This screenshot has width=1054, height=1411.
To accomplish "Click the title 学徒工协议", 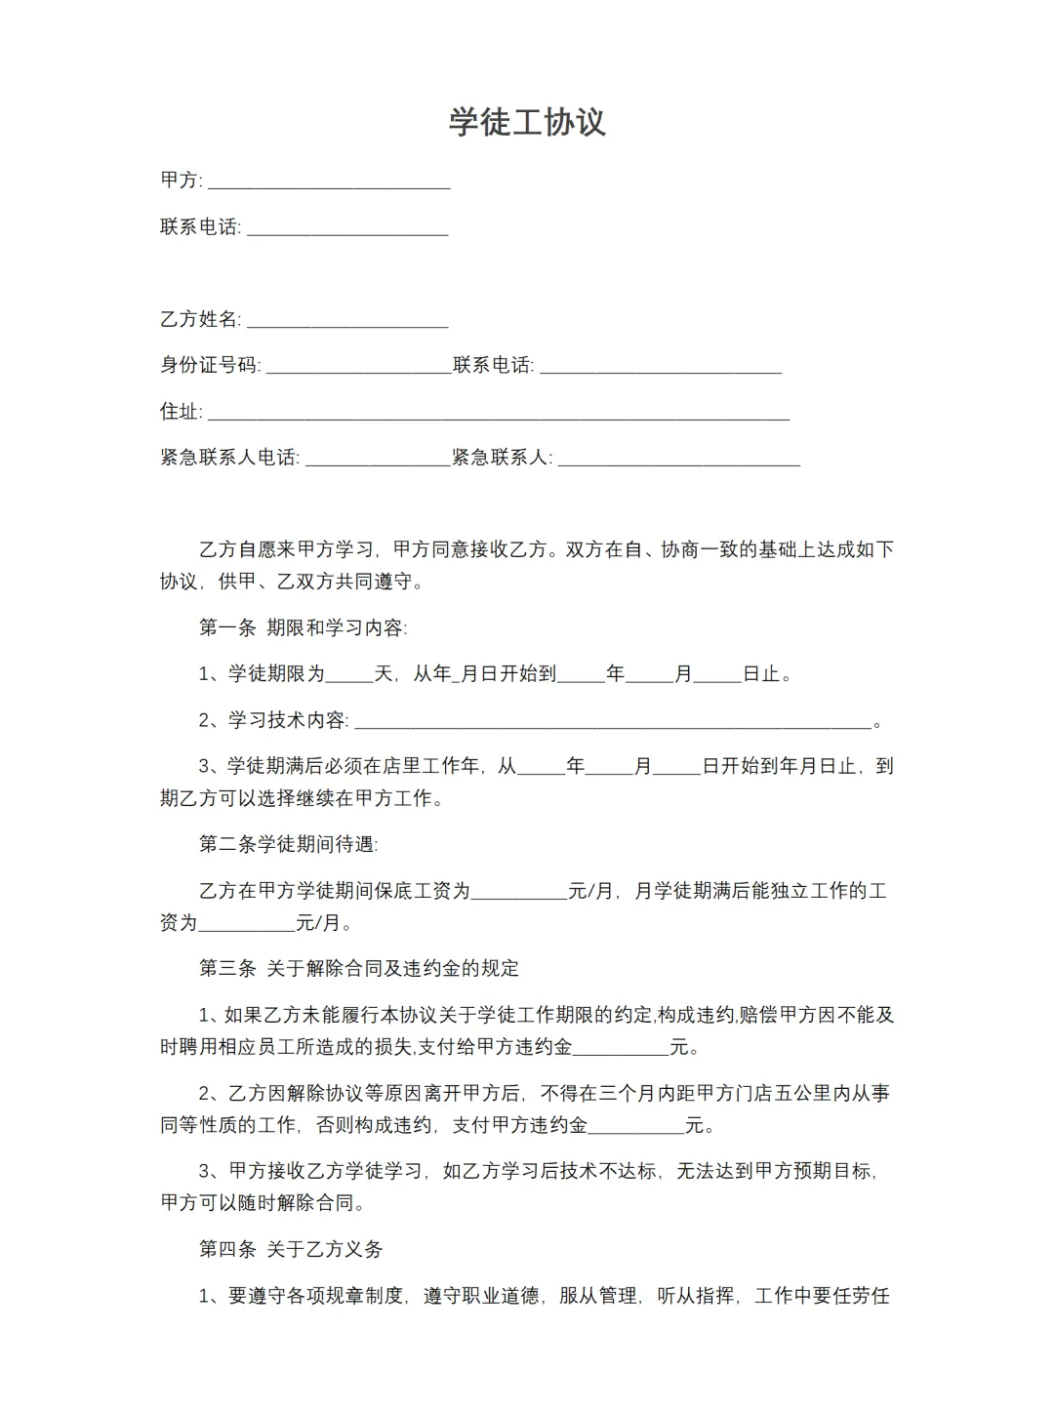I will (527, 122).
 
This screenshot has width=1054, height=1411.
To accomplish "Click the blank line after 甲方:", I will (329, 182).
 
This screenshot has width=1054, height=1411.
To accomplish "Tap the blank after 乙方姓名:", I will (347, 321).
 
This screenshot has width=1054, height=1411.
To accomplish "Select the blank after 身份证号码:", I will (358, 368).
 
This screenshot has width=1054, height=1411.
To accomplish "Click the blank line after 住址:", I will (499, 414).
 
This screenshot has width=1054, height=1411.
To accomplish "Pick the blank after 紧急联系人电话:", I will (378, 460).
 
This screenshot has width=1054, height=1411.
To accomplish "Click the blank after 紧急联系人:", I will (678, 460).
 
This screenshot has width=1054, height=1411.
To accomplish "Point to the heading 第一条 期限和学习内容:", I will (303, 627).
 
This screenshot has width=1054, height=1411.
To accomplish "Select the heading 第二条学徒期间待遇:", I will (288, 844).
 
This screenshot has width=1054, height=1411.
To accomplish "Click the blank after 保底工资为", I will (519, 893).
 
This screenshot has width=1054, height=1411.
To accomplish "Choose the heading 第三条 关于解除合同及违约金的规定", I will (359, 968).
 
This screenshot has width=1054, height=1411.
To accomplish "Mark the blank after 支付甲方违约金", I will (636, 1127).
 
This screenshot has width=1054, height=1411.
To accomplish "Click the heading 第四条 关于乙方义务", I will (291, 1249).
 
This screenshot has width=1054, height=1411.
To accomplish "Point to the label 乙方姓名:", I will (200, 319).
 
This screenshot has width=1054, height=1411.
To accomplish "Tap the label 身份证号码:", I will (210, 366).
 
